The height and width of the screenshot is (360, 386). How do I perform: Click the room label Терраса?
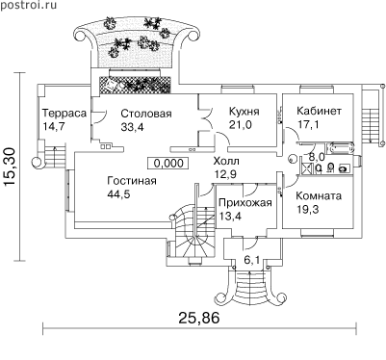click(64, 114)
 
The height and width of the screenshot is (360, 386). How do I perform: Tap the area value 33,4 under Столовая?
click(132, 127)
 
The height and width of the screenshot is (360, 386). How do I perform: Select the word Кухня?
click(244, 112)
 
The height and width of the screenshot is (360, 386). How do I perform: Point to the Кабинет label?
click(319, 111)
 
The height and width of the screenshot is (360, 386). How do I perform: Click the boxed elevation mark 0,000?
click(168, 163)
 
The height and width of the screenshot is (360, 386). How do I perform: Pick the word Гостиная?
click(132, 181)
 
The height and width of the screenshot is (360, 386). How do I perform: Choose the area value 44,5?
click(118, 194)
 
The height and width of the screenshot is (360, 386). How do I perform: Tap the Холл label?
click(226, 161)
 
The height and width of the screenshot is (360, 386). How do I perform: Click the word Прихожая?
click(245, 202)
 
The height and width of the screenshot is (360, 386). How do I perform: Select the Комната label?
click(319, 195)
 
